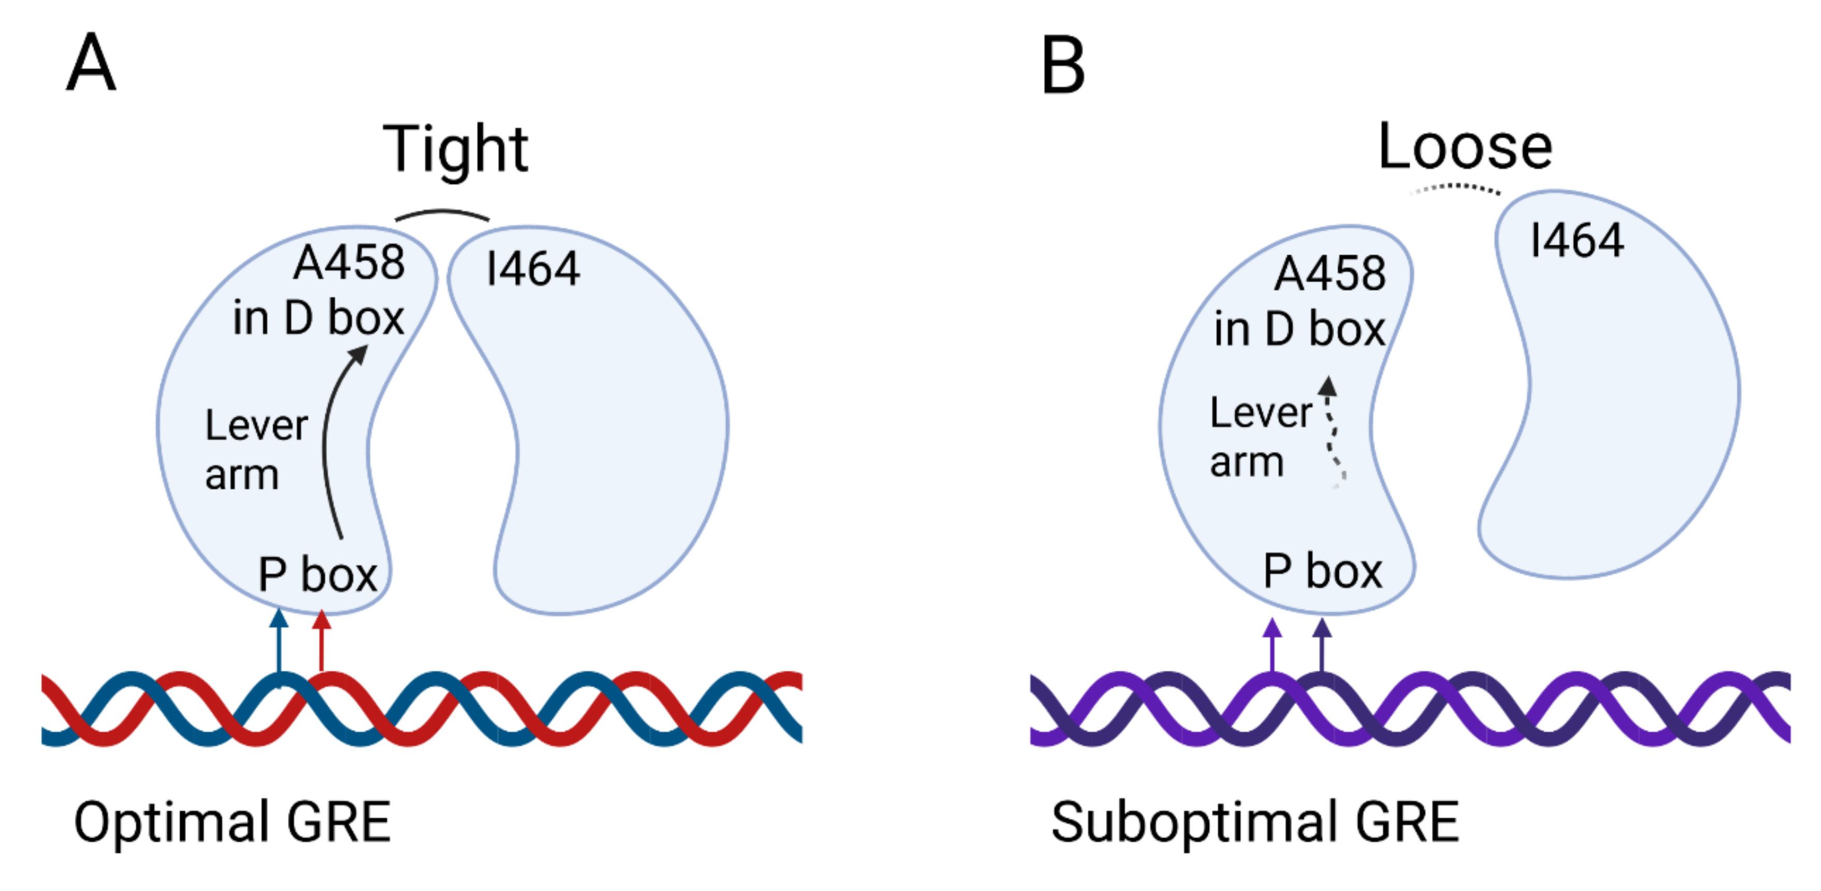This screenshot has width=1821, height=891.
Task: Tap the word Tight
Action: click(x=455, y=150)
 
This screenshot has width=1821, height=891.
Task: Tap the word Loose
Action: click(x=1465, y=147)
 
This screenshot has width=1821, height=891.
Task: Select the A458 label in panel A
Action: click(x=349, y=263)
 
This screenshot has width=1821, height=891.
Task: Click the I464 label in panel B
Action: click(x=1577, y=240)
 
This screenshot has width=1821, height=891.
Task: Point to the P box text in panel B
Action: click(x=1322, y=571)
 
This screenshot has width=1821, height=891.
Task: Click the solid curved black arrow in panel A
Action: click(x=328, y=438)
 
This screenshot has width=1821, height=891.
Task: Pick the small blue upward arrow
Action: click(x=279, y=640)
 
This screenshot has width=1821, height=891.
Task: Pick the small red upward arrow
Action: click(x=322, y=640)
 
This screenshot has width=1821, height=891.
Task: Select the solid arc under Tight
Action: click(x=442, y=213)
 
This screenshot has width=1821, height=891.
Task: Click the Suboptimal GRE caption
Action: click(x=1255, y=823)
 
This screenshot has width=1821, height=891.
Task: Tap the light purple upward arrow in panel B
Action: click(x=1273, y=645)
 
